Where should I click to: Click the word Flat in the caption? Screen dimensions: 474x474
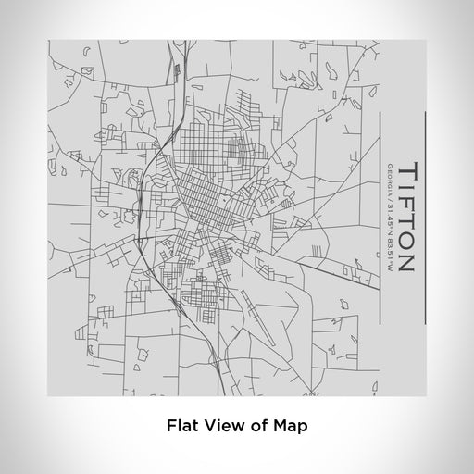pyautogui.click(x=181, y=427)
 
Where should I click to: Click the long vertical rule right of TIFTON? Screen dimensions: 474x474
pyautogui.click(x=425, y=218)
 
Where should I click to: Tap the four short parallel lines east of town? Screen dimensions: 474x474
pyautogui.click(x=317, y=248)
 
